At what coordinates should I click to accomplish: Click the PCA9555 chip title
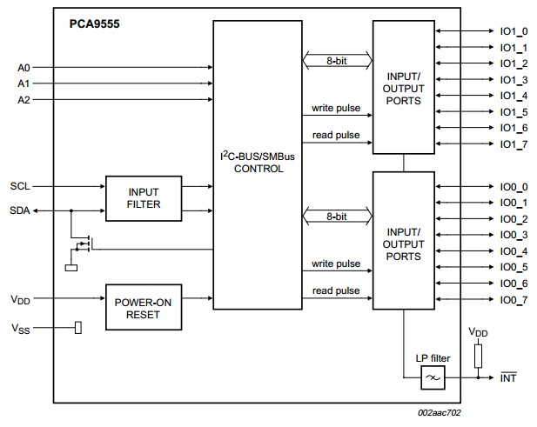click(95, 24)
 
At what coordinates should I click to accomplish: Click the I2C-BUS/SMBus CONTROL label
click(258, 162)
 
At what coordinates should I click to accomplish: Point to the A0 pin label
click(23, 68)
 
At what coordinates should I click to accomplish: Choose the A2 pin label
click(23, 100)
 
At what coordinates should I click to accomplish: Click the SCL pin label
click(20, 186)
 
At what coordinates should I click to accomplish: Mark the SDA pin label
click(20, 210)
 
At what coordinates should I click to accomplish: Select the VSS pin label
click(21, 329)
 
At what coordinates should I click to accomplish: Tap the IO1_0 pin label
click(514, 31)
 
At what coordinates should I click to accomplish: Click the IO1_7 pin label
click(514, 144)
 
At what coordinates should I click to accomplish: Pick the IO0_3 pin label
click(514, 235)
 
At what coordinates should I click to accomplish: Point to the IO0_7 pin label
click(514, 300)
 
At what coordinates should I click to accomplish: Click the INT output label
click(508, 377)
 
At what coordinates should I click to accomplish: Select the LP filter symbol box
click(433, 377)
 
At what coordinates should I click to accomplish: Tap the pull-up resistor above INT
click(478, 357)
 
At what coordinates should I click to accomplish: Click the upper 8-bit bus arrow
click(338, 61)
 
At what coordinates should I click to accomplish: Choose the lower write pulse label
click(336, 264)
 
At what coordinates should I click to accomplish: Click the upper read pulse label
click(336, 135)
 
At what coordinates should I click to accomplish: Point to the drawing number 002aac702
click(440, 412)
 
